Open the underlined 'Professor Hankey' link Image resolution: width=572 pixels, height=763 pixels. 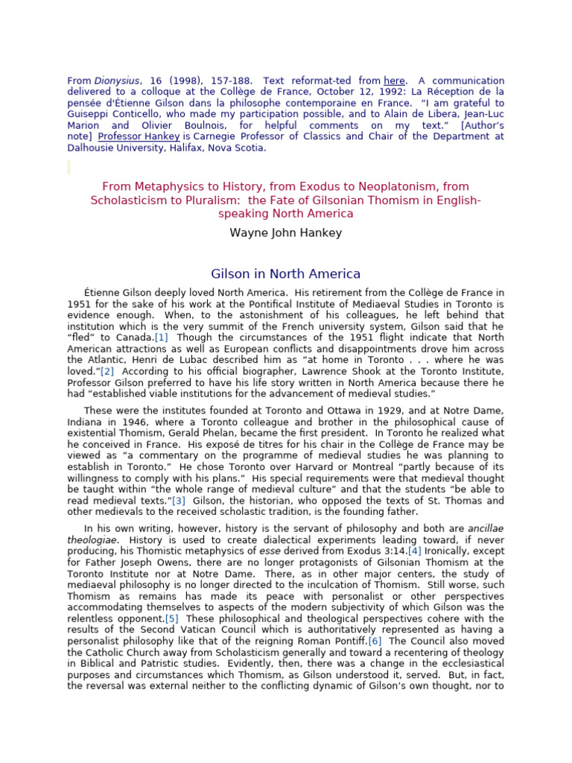139,136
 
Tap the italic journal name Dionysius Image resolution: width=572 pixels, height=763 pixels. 114,80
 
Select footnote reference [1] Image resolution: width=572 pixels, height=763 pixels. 162,337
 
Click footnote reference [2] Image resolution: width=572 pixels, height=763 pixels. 107,370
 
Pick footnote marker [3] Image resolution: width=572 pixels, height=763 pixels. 179,500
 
